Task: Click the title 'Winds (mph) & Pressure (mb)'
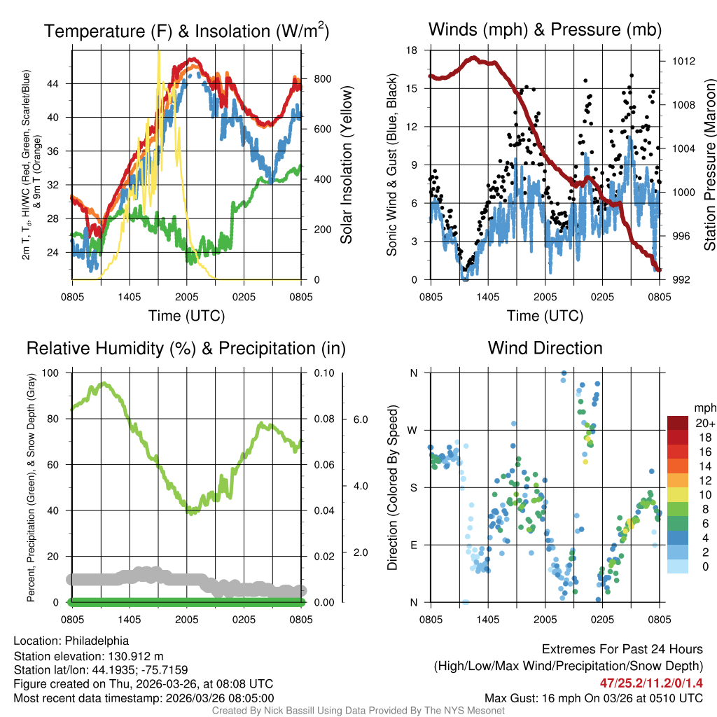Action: tap(545, 29)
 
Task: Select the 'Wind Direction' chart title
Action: tap(545, 348)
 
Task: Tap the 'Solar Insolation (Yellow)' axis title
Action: tap(347, 165)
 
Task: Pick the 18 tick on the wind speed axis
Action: tap(412, 50)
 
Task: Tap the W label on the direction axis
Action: tap(413, 430)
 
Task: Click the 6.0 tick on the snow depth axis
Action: tap(360, 419)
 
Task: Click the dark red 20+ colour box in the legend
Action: tap(678, 423)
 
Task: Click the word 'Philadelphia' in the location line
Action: tap(97, 641)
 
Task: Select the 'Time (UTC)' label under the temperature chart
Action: tap(186, 316)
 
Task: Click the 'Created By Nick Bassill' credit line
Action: tap(358, 711)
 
